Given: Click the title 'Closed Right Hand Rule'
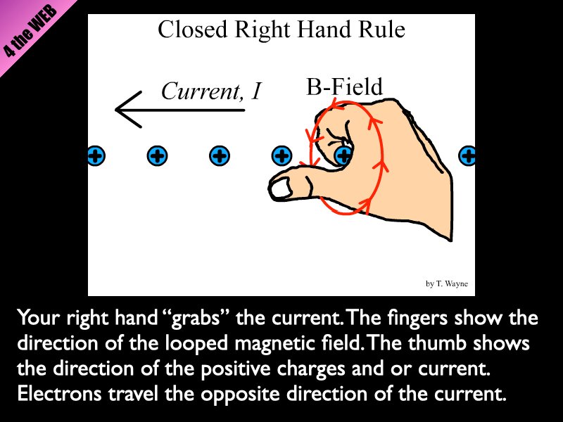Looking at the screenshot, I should [x=281, y=30].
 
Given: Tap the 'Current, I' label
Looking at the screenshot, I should [x=210, y=91].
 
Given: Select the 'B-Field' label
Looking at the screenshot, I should [x=344, y=87].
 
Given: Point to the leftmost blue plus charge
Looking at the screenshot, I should [x=96, y=156].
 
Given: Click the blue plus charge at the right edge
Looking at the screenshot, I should [x=467, y=156].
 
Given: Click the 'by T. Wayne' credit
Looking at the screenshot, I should [x=446, y=284].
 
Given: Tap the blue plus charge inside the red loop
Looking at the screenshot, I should [x=343, y=156].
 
